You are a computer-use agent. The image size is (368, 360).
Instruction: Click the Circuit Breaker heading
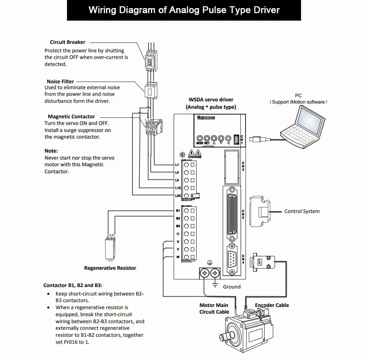click(x=68, y=42)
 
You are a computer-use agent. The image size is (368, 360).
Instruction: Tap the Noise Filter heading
click(x=60, y=81)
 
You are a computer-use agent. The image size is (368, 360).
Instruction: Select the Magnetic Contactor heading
click(x=71, y=116)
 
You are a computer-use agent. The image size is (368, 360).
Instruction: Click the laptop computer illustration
click(x=303, y=127)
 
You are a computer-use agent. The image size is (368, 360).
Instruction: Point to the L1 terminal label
click(x=177, y=165)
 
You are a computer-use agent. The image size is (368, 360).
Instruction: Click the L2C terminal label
click(x=178, y=196)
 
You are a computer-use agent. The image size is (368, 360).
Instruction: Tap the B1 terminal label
click(x=178, y=210)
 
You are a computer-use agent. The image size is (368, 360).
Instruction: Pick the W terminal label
click(x=178, y=257)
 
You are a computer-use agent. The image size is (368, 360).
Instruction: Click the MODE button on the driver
click(x=200, y=138)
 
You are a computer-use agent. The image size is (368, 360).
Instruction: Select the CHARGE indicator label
click(x=195, y=157)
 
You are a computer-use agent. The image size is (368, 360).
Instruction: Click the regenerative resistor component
click(x=110, y=248)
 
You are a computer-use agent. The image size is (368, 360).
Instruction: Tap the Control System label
click(x=302, y=211)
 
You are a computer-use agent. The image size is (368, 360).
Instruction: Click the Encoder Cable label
click(x=272, y=305)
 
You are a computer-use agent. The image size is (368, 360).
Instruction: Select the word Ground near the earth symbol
click(x=231, y=287)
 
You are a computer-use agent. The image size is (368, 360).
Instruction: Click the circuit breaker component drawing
click(x=151, y=60)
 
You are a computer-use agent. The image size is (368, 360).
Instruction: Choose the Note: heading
click(x=51, y=151)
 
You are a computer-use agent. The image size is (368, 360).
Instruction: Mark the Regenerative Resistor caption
click(x=110, y=268)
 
